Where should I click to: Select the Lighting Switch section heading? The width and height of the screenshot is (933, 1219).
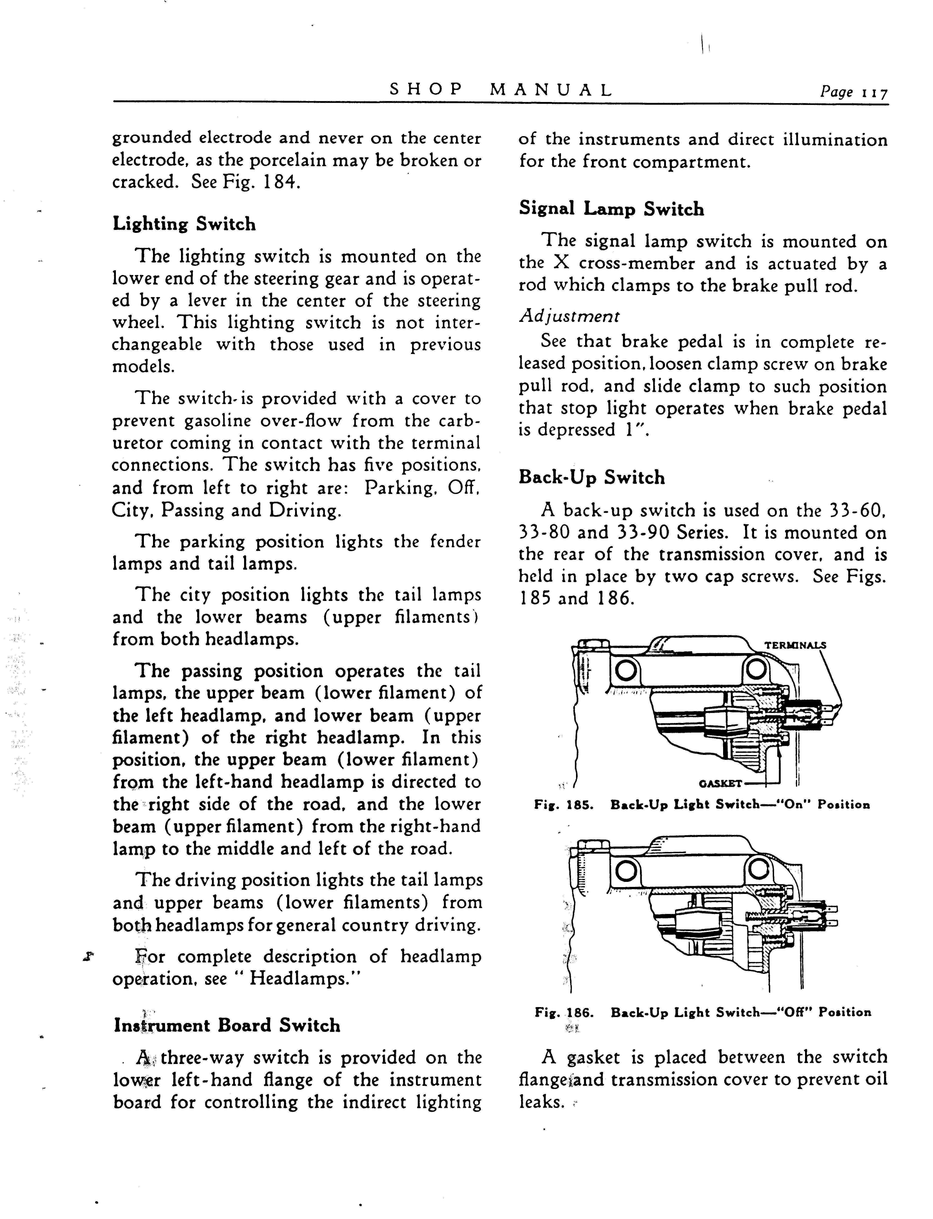(184, 224)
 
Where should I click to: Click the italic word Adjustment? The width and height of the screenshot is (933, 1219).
(569, 317)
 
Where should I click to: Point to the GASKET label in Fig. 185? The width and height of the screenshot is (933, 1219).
(721, 784)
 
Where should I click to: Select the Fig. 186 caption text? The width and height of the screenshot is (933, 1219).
(703, 1012)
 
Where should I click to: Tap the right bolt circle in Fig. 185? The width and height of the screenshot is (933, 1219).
(756, 671)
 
